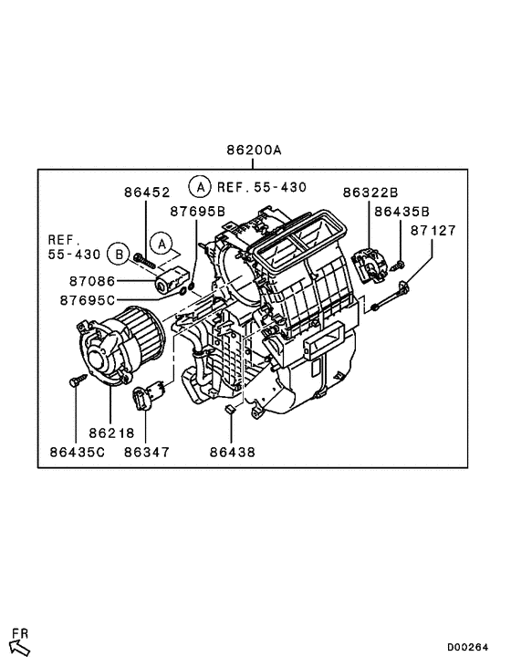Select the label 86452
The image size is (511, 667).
(147, 193)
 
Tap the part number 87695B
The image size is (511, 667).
(197, 212)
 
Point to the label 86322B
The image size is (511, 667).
(370, 193)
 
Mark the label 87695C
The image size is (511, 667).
(89, 300)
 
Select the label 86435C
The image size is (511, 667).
(78, 451)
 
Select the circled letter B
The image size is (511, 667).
(118, 253)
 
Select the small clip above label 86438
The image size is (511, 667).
(232, 408)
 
